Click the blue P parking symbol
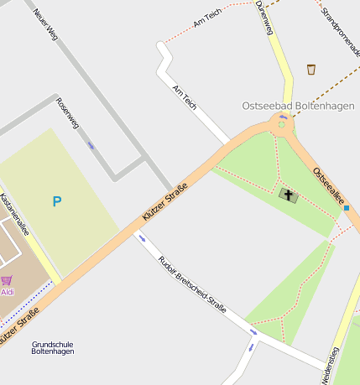[x=57, y=201]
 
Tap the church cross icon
[x=288, y=196]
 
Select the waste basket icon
[x=311, y=70]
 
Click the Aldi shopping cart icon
[x=7, y=280]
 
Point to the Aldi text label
[x=8, y=292]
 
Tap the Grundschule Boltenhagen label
[x=52, y=347]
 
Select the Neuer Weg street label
[x=45, y=24]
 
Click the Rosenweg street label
[x=66, y=113]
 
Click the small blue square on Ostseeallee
[x=346, y=207]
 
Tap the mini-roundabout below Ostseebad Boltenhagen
[x=282, y=126]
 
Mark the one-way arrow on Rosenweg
[x=91, y=145]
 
